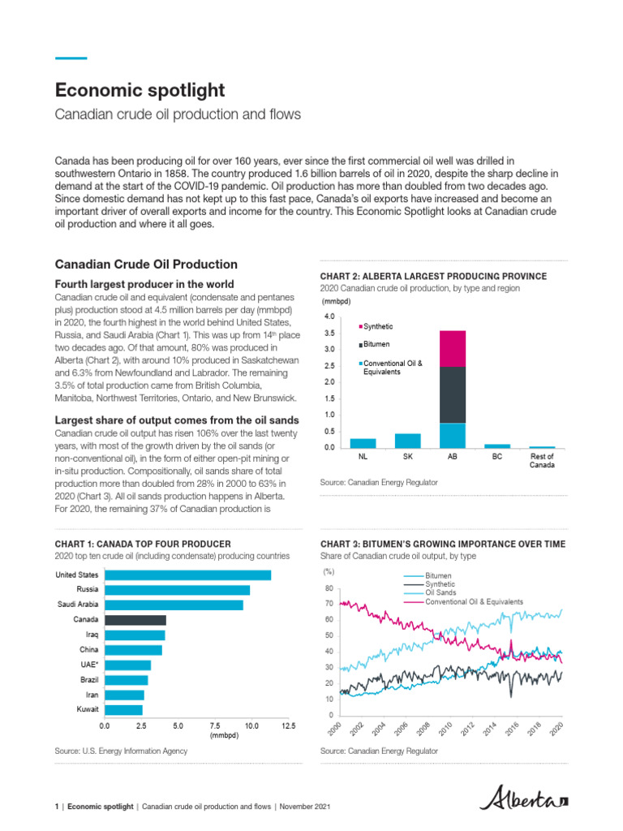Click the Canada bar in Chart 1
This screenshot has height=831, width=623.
[x=135, y=620]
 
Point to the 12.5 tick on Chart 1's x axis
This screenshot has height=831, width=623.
[x=288, y=726]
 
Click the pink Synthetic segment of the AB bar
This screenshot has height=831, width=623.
[x=452, y=348]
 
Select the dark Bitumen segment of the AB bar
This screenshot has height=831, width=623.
[x=452, y=394]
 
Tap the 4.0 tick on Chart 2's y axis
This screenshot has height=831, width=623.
[x=329, y=316]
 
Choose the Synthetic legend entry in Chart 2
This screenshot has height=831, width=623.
[x=378, y=326]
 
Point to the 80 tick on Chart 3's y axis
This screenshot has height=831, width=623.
[x=329, y=588]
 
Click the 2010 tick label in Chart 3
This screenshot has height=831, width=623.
[x=444, y=728]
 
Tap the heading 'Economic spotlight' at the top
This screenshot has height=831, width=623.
[x=140, y=89]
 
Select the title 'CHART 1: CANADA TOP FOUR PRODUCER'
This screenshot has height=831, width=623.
[x=143, y=544]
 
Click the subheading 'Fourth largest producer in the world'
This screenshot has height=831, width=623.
[x=144, y=284]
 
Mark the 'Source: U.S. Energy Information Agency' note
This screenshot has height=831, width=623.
[x=121, y=751]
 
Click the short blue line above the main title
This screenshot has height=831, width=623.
[x=71, y=58]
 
